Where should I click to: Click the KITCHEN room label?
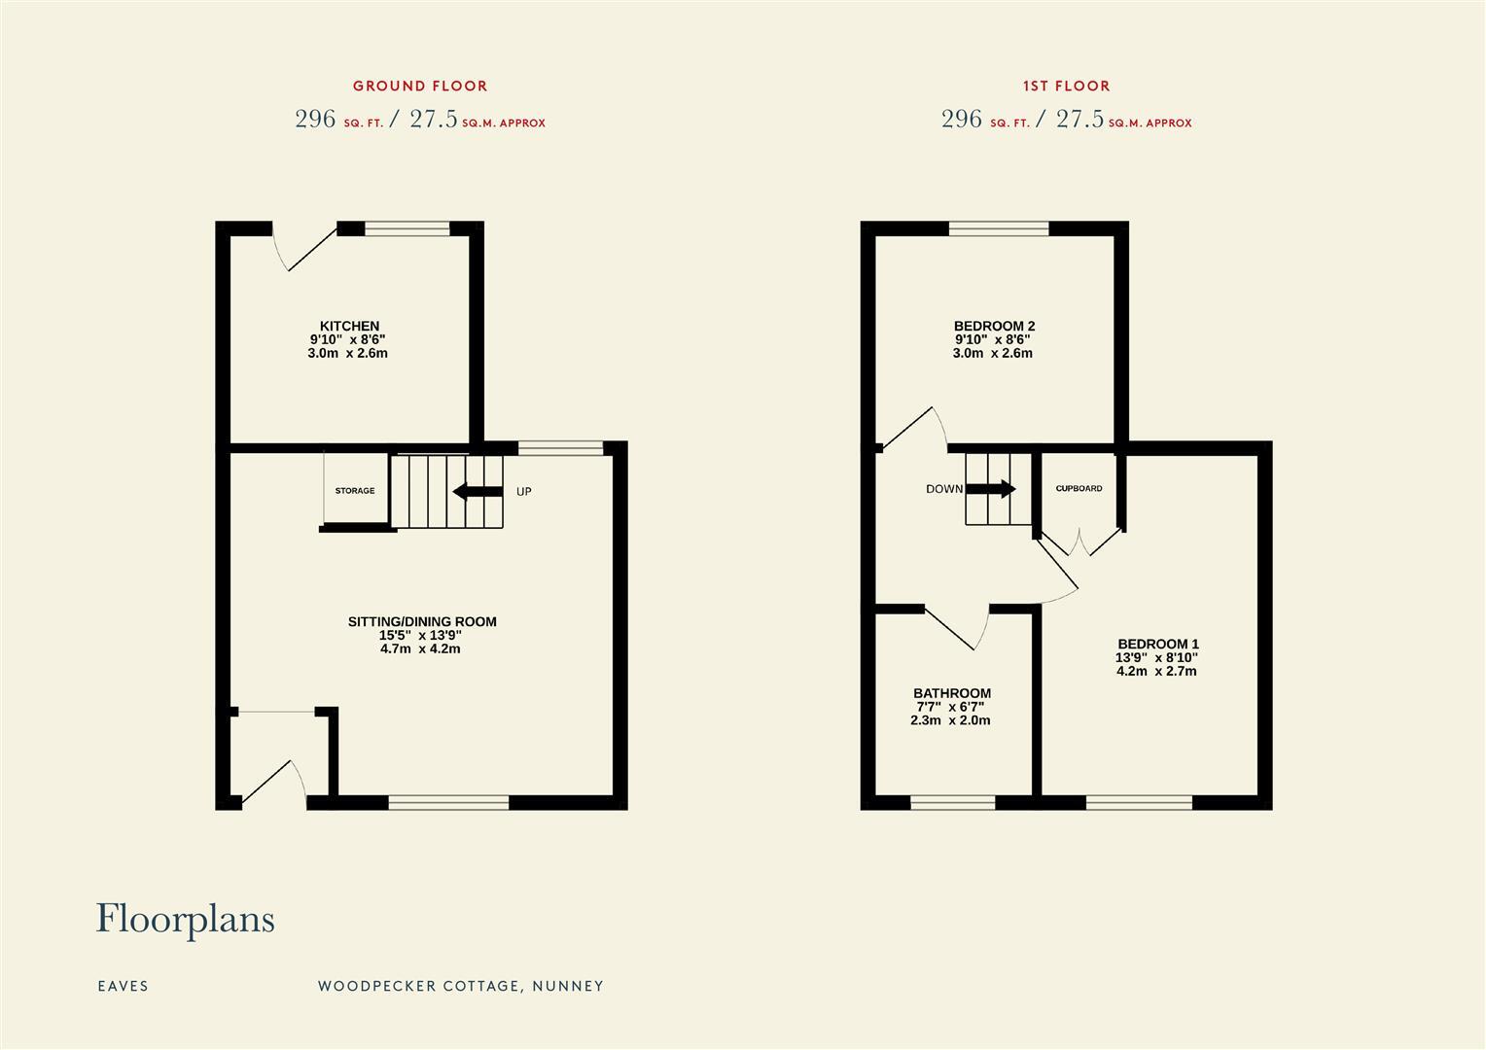click(349, 326)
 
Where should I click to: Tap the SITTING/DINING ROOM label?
click(422, 621)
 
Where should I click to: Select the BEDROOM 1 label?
click(1157, 644)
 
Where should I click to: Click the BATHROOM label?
click(951, 693)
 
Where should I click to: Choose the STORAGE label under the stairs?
click(355, 491)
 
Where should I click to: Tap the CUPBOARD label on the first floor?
click(1079, 488)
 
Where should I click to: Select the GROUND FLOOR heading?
click(420, 86)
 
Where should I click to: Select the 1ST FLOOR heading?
click(1066, 86)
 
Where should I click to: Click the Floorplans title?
click(185, 919)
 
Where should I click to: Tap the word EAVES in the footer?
click(123, 986)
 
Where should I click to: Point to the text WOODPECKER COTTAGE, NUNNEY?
click(460, 986)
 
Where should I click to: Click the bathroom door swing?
click(958, 628)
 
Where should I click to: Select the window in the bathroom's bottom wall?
click(952, 802)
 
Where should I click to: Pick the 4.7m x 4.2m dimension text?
click(420, 648)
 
